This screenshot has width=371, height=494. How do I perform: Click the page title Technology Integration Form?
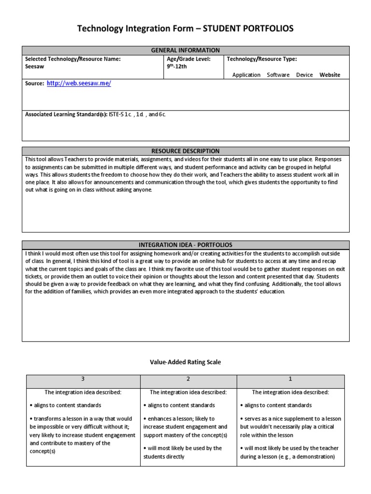coord(185,29)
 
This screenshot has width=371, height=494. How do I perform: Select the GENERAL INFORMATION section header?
coord(185,50)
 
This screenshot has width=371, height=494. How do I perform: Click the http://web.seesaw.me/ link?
coord(79,83)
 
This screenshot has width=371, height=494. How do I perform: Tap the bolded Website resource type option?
coord(329,75)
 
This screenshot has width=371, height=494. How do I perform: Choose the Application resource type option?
coord(246,75)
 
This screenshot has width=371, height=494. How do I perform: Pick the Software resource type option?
coord(278,75)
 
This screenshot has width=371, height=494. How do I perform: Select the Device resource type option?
coord(304,75)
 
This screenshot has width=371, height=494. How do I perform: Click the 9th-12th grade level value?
coord(176,67)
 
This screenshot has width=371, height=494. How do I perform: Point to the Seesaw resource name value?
coord(34,67)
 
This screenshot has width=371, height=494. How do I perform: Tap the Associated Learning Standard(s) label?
coord(66,115)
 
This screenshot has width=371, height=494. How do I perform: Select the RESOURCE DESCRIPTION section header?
coord(185,151)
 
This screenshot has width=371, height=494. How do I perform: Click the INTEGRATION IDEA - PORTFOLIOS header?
coord(185,245)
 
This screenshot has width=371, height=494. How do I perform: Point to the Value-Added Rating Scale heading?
coord(185,362)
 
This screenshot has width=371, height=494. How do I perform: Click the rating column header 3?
coord(83,379)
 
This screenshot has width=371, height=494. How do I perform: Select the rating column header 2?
coord(188,379)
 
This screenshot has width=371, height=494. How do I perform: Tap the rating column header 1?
coord(290,379)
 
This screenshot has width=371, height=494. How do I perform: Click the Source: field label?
coord(34,84)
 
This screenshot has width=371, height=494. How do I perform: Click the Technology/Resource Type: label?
coord(262,59)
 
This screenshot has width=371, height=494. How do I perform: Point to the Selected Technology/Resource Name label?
coord(72,59)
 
